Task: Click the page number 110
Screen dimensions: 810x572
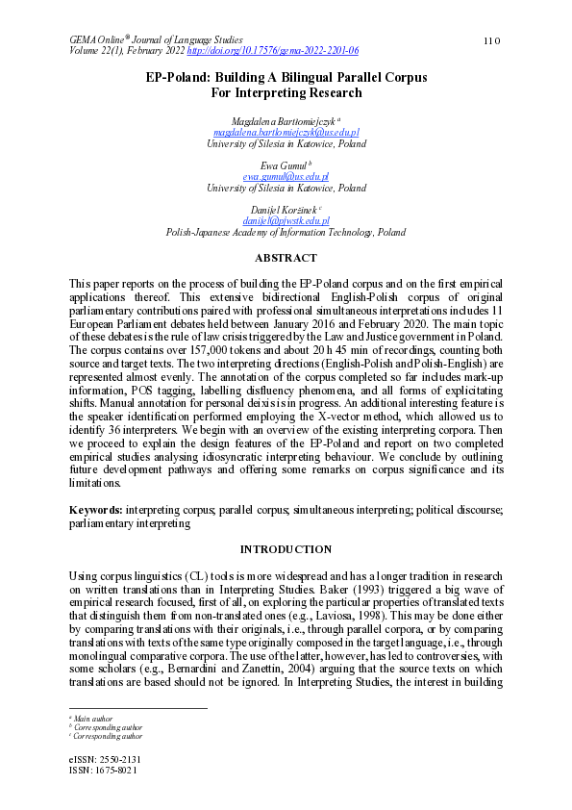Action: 493,39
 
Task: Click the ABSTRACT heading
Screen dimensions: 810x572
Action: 286,258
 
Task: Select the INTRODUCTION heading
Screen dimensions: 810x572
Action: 286,549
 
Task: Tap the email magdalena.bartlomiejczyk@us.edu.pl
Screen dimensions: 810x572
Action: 286,132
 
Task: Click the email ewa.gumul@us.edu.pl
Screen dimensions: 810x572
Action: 286,177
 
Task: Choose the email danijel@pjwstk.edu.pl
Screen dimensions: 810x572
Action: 286,221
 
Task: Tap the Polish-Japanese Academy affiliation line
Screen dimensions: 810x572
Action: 286,233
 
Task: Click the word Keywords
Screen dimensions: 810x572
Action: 95,507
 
